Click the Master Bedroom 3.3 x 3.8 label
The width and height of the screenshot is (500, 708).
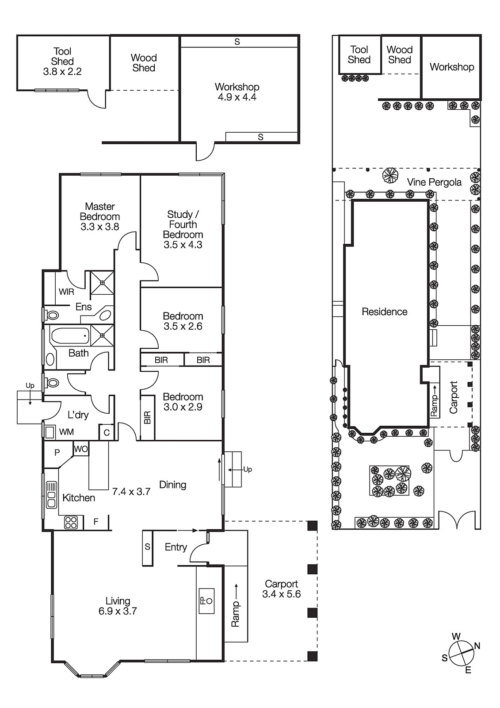tap(100, 216)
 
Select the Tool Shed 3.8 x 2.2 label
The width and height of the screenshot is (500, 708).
tap(62, 62)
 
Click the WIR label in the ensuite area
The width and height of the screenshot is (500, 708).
tap(66, 292)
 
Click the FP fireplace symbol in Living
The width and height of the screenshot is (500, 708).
tap(206, 600)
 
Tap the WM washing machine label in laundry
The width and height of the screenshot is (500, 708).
tap(66, 431)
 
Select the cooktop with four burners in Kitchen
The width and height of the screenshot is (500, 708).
tap(71, 522)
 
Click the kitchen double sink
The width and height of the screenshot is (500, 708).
tap(52, 494)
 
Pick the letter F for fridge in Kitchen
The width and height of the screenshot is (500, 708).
tap(96, 522)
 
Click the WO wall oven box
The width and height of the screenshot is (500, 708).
tap(81, 449)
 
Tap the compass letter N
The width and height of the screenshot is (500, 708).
tap(477, 646)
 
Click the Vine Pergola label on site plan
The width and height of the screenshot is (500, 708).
tap(434, 182)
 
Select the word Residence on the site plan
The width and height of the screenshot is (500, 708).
tap(384, 312)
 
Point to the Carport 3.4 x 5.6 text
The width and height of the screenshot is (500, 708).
tap(281, 589)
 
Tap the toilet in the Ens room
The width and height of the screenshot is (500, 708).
tap(53, 316)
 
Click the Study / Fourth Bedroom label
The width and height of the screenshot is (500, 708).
tap(183, 229)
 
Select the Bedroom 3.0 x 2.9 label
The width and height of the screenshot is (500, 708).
tap(183, 402)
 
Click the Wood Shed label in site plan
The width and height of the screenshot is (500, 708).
tap(399, 55)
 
